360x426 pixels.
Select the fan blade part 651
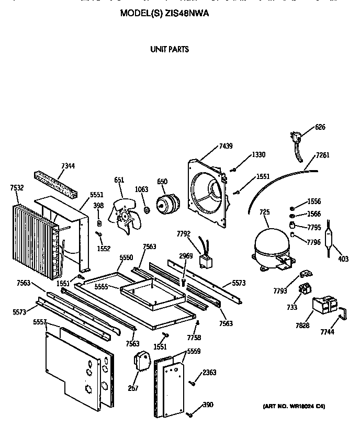(x=123, y=216)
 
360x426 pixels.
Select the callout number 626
(x=320, y=127)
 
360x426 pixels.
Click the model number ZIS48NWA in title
(x=187, y=14)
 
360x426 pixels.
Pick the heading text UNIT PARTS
(x=169, y=50)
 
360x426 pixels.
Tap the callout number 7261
(x=323, y=155)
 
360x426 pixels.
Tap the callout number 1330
(x=258, y=155)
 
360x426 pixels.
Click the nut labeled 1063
(x=147, y=210)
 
